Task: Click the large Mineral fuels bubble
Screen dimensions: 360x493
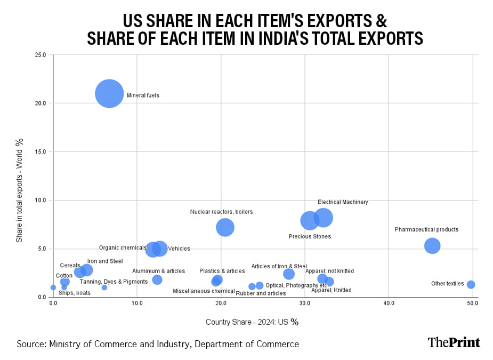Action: (109, 94)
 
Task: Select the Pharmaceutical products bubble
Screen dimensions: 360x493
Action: (432, 246)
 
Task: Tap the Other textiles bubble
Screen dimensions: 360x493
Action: (471, 285)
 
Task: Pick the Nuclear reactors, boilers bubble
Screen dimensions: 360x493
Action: (225, 227)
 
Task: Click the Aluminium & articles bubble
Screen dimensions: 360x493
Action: (157, 280)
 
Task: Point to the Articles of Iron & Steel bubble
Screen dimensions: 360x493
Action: (289, 274)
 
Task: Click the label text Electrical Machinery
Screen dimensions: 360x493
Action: (343, 202)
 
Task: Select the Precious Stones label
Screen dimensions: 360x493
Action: (310, 236)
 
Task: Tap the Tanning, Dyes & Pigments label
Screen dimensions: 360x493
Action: (114, 282)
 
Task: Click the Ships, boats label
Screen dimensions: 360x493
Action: (74, 293)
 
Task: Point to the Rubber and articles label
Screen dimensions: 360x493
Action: (261, 293)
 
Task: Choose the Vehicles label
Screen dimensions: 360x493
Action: (179, 249)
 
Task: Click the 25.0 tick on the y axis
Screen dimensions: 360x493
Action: (41, 54)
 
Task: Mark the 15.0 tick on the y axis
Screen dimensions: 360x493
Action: (41, 151)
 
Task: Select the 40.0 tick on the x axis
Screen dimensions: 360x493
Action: (389, 303)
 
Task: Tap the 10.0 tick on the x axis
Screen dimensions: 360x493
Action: (137, 303)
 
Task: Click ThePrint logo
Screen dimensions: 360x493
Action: (454, 342)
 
